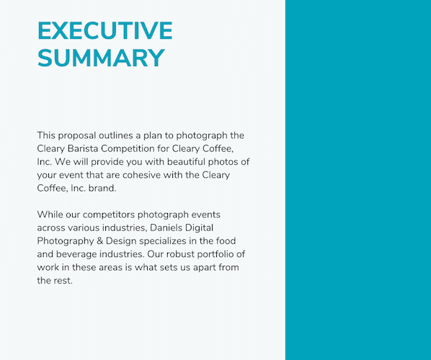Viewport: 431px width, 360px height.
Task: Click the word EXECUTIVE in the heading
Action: [105, 31]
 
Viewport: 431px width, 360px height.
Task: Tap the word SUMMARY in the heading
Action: [101, 58]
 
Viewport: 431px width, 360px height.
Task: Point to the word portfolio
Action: [221, 254]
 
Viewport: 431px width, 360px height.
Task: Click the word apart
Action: [203, 267]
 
